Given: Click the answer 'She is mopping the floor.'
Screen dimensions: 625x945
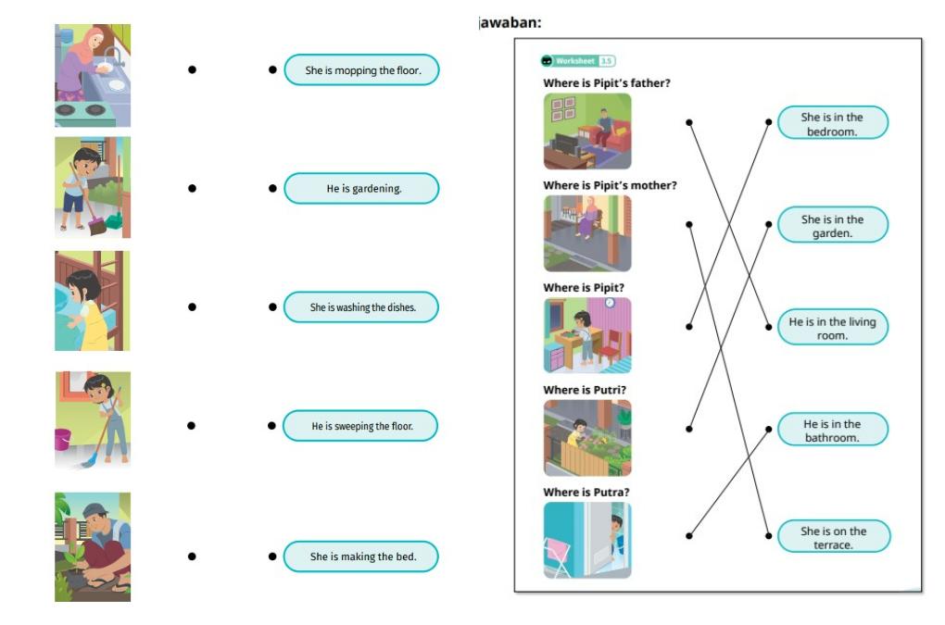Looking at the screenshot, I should (x=361, y=70).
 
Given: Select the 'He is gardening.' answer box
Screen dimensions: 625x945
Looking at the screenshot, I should (x=361, y=189).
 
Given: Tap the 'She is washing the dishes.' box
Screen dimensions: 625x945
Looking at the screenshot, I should (x=361, y=307).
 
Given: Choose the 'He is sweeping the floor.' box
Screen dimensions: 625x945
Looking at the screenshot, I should (x=361, y=426).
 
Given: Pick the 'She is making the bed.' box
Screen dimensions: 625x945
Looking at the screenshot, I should (x=361, y=556).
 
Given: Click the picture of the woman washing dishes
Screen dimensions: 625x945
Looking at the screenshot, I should (x=93, y=75).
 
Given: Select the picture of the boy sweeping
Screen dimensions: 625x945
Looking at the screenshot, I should (x=93, y=188).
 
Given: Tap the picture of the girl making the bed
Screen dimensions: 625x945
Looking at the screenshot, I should (x=93, y=301).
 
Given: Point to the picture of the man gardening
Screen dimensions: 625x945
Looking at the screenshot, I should (x=93, y=546).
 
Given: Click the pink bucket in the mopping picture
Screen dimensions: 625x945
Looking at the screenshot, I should (x=63, y=439).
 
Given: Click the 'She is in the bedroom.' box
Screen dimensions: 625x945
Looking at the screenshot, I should (x=831, y=124).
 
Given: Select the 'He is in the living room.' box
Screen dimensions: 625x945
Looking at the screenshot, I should (x=831, y=329).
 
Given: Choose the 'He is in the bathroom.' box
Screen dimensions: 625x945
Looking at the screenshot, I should (x=831, y=431).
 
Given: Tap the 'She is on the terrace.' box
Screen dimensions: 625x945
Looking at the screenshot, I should (x=831, y=538).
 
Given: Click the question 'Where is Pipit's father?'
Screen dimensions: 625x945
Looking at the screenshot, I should (x=606, y=83).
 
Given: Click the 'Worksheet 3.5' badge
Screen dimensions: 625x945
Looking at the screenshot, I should (x=578, y=61).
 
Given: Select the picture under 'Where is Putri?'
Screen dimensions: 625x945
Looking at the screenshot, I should (x=587, y=438).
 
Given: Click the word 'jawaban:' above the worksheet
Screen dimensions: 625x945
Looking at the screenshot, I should (x=510, y=22).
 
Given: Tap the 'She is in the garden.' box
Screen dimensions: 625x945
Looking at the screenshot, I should (x=831, y=226).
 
